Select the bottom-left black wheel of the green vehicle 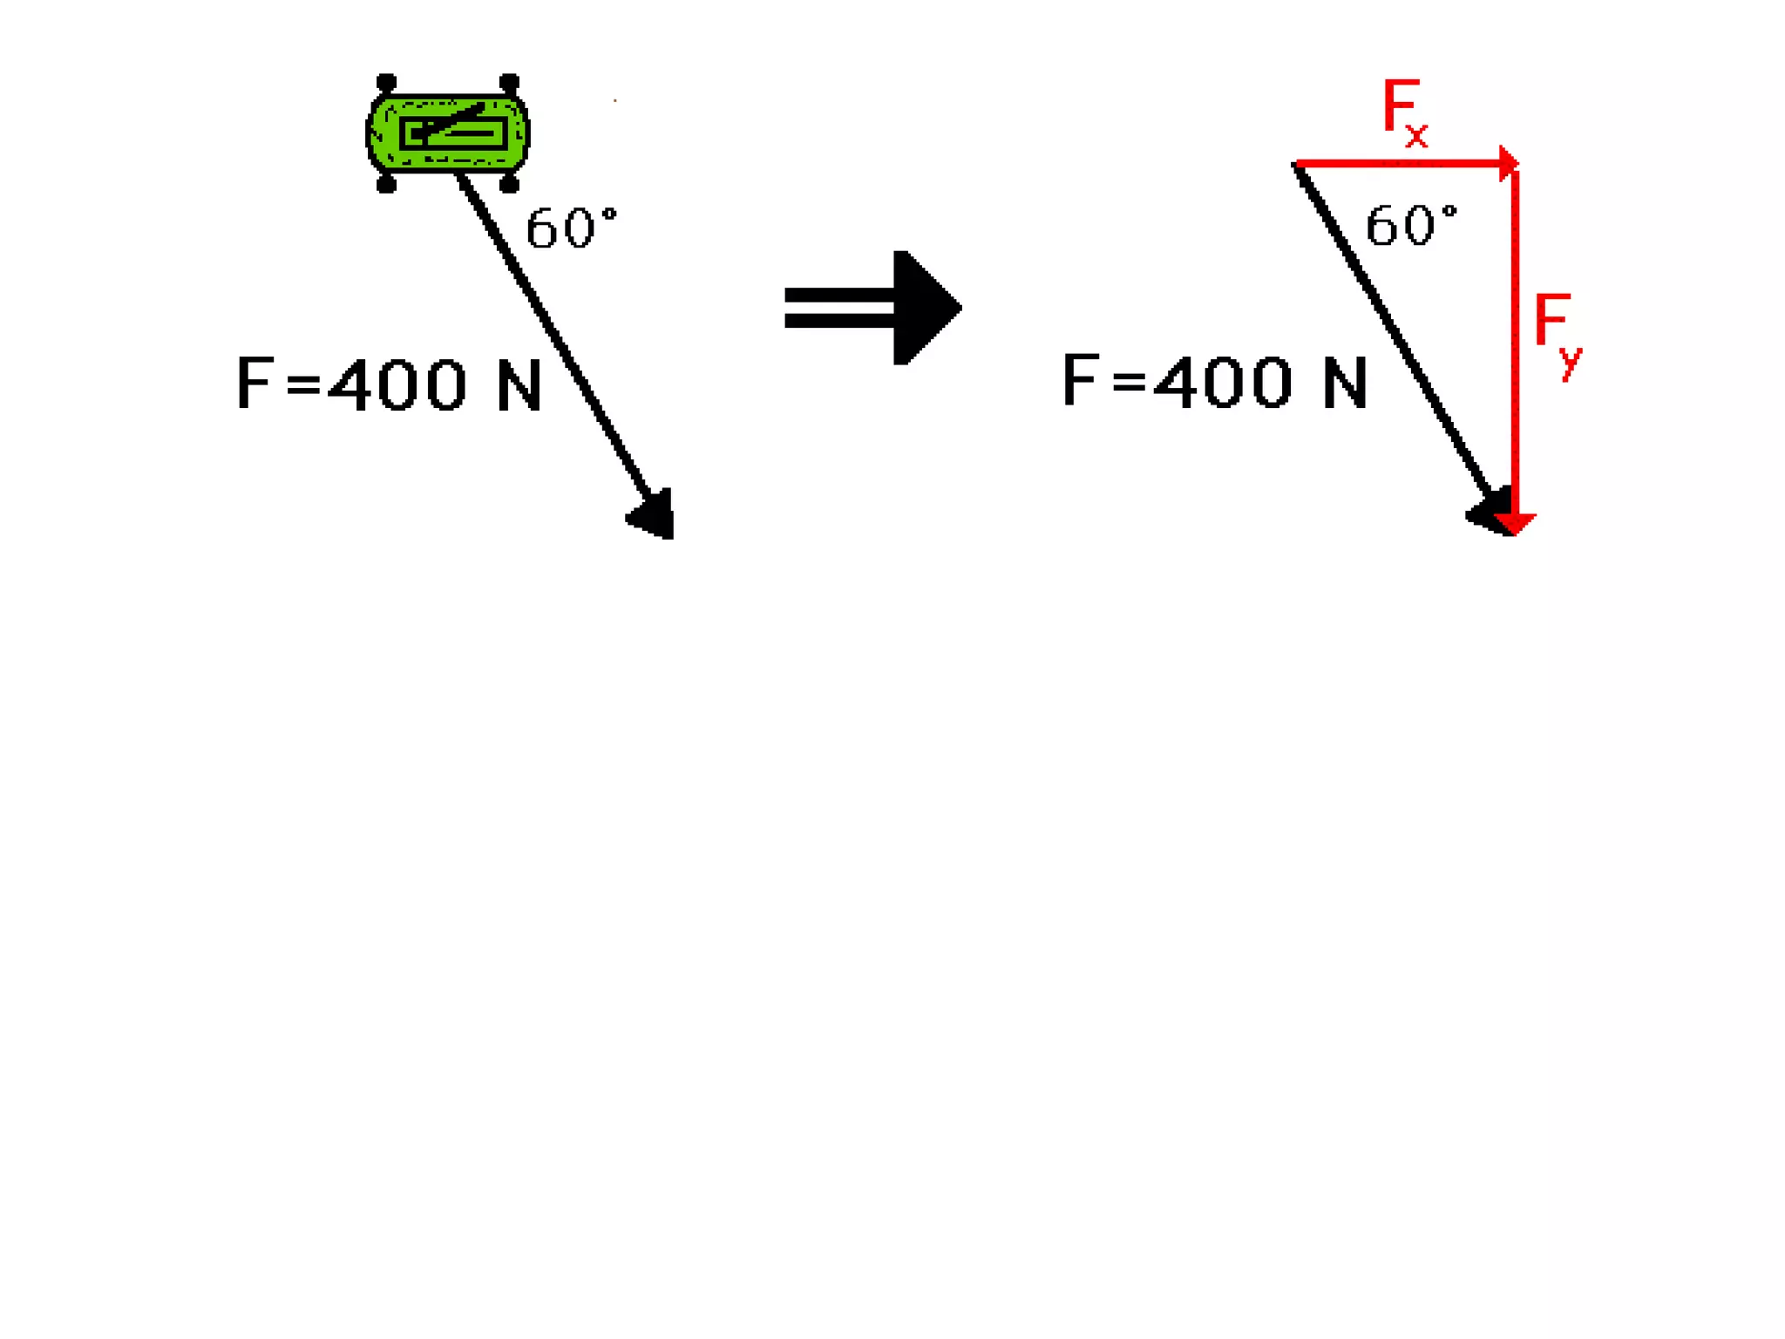click(x=386, y=184)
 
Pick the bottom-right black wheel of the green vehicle click(x=510, y=184)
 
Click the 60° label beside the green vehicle click(x=571, y=228)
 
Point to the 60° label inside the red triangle click(x=1410, y=225)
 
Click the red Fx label click(x=1404, y=112)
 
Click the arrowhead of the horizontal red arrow click(x=1509, y=163)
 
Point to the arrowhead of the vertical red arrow click(x=1515, y=523)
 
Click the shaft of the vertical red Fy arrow click(x=1515, y=349)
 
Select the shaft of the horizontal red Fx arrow click(x=1395, y=163)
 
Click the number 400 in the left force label click(x=397, y=385)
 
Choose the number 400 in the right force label click(x=1222, y=382)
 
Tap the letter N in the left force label click(x=519, y=385)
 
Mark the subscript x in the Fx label click(x=1416, y=135)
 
